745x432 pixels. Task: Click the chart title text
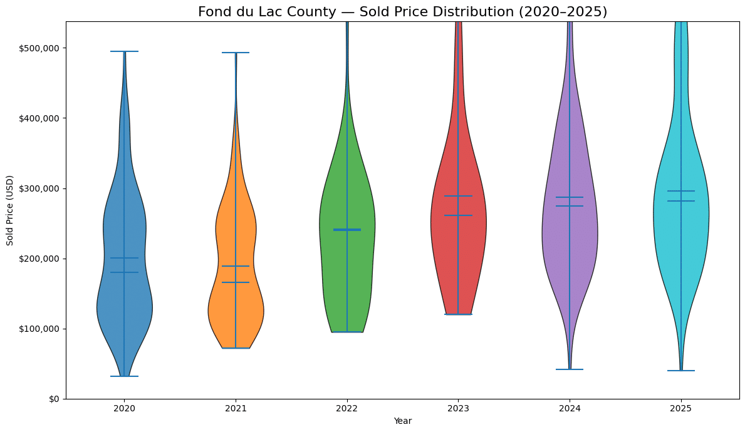tap(402, 12)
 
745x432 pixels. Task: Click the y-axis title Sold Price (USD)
tap(10, 210)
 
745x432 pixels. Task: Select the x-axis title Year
tap(402, 421)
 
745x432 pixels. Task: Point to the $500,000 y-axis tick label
tap(39, 48)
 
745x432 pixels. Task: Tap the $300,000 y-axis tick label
tap(39, 188)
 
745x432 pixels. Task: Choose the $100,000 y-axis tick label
tap(39, 329)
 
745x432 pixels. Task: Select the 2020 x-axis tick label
tap(124, 408)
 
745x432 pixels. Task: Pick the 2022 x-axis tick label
tap(346, 408)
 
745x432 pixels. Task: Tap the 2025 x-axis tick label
tap(680, 408)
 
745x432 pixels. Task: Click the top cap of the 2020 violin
tap(124, 51)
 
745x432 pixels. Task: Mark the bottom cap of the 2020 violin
tap(124, 376)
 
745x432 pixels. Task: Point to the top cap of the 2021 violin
tap(236, 53)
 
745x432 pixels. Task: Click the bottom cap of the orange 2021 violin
tap(236, 348)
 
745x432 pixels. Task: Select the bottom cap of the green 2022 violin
tap(346, 332)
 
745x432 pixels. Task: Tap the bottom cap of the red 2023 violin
tap(458, 314)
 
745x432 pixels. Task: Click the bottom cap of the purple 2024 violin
tap(570, 369)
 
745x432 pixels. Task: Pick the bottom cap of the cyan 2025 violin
tap(680, 371)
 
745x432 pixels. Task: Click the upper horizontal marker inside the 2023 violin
tap(458, 196)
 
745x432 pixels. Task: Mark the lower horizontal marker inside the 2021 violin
tap(236, 282)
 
